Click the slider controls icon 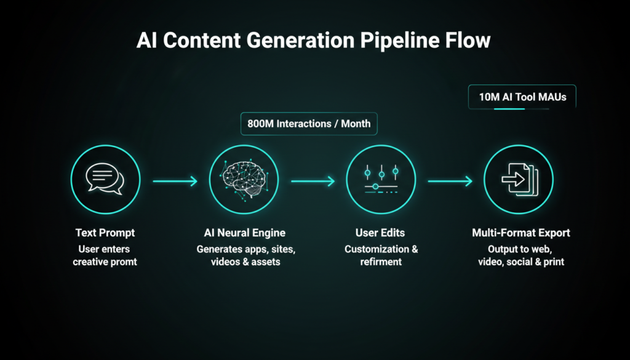tap(380, 180)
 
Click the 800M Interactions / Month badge tap(309, 124)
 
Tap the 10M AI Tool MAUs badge tap(522, 97)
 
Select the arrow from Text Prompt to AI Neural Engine tap(175, 181)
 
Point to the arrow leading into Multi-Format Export tap(450, 181)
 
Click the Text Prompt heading tap(105, 233)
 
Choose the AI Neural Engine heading tap(244, 233)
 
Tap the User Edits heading tap(381, 233)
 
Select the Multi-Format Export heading tap(521, 233)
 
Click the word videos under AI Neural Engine tap(225, 262)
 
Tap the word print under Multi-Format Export tap(552, 262)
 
